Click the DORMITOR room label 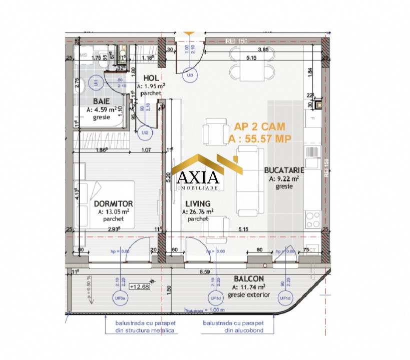(113, 204)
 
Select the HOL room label (151, 78)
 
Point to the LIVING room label (197, 204)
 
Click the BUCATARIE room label (282, 170)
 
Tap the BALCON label (249, 278)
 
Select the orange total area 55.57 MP (259, 138)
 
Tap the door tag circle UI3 (190, 74)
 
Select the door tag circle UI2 (145, 132)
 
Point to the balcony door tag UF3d (216, 298)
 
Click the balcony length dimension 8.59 (204, 273)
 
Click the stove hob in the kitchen (313, 218)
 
